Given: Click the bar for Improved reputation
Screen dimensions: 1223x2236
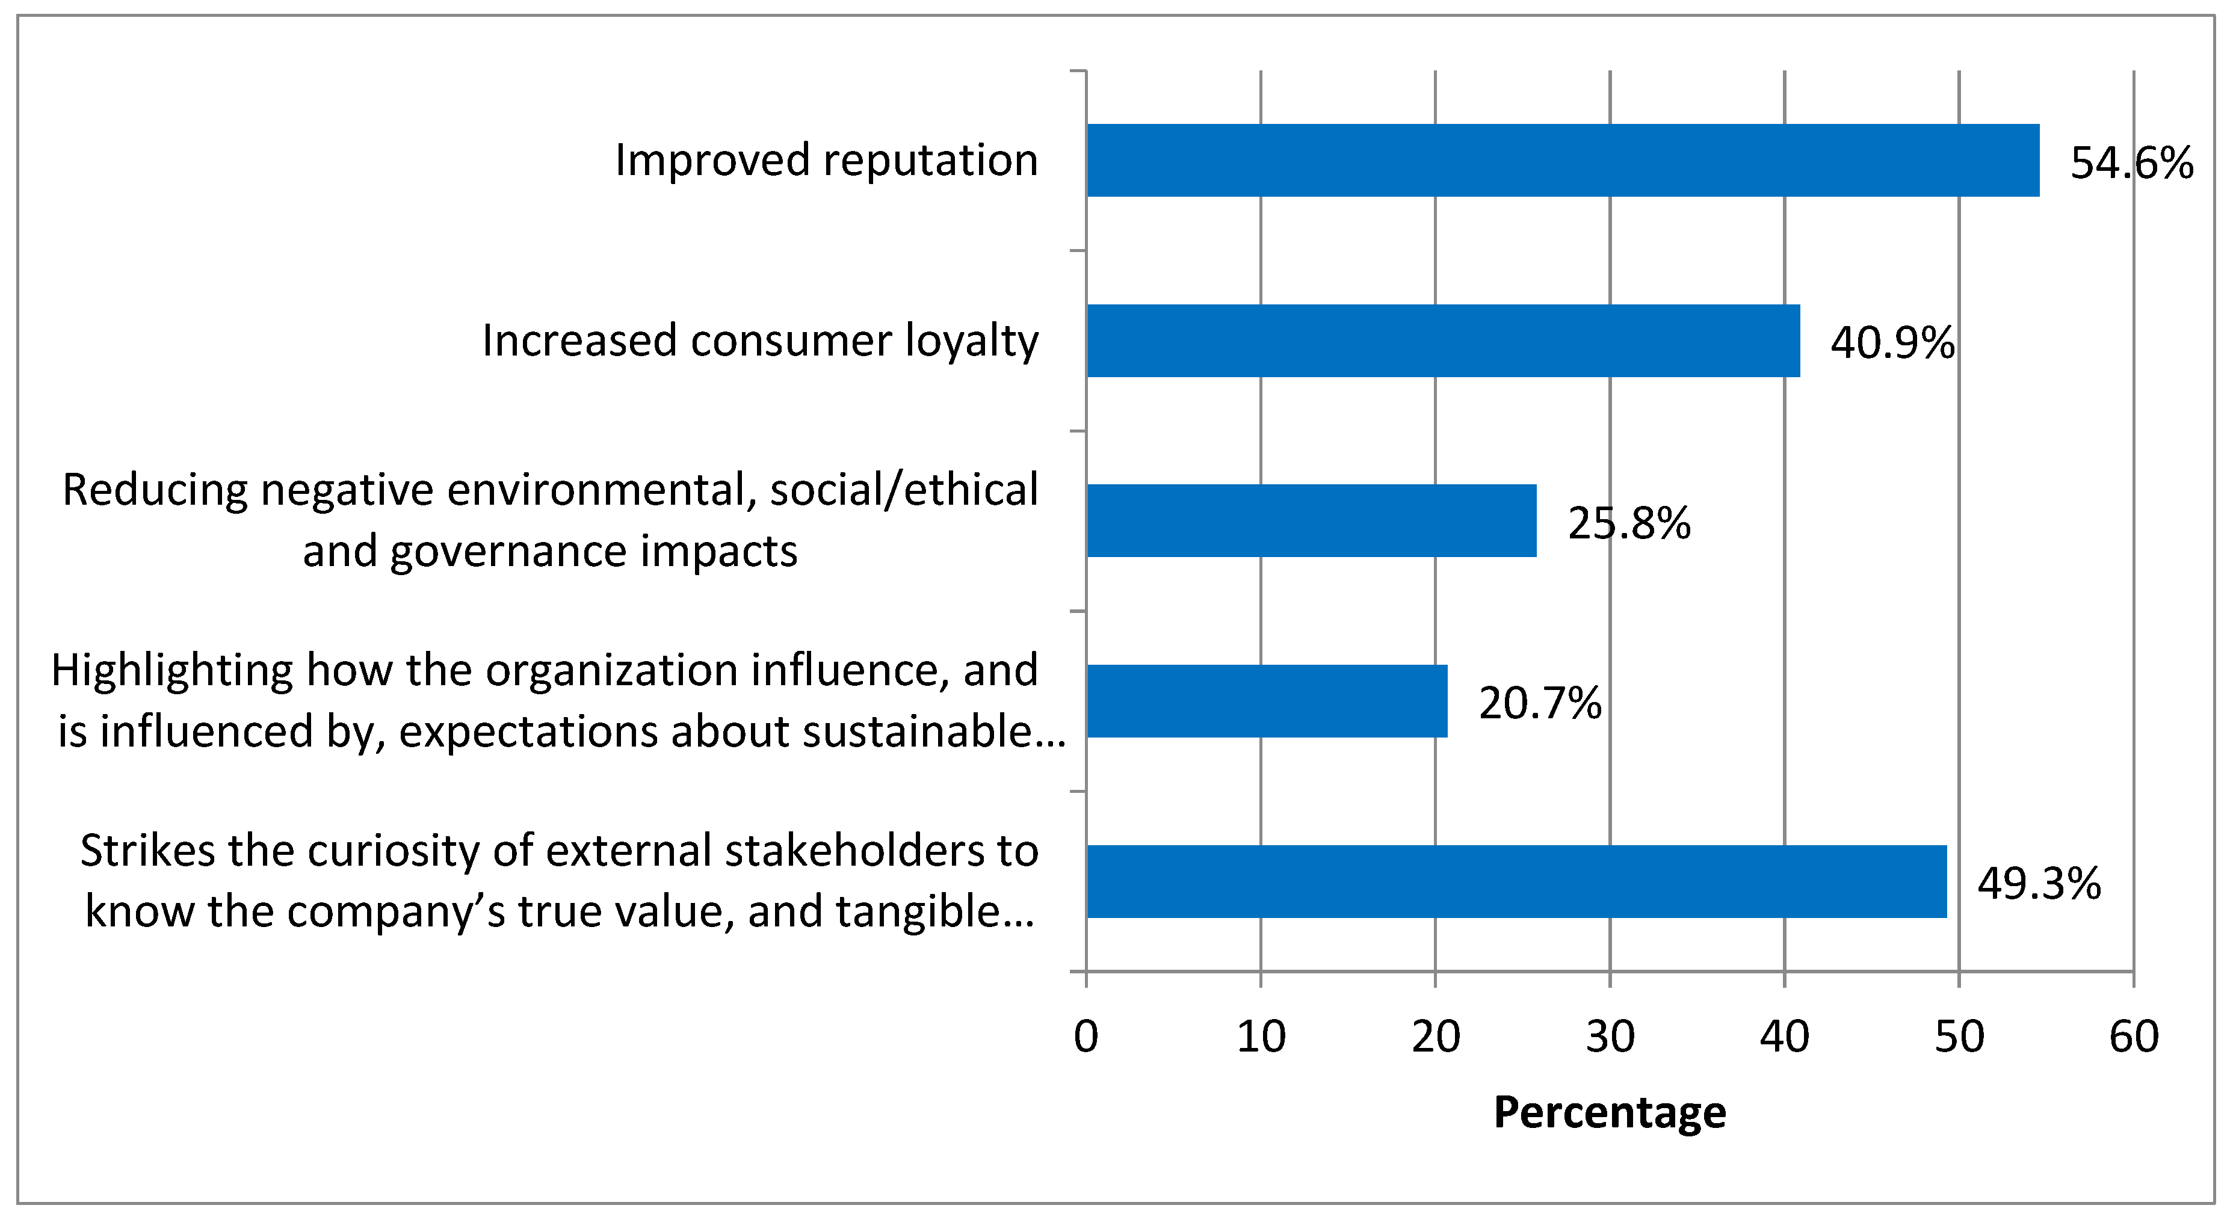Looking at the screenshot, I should (1563, 161).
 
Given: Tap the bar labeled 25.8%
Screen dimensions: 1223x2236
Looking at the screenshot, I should (1311, 521).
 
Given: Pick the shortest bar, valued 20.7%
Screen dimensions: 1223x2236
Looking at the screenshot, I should (1267, 701).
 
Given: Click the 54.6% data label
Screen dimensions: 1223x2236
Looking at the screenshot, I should (2131, 163).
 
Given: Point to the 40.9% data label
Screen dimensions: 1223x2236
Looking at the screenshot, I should (1892, 343).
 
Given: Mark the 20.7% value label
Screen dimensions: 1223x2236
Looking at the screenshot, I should (1540, 703).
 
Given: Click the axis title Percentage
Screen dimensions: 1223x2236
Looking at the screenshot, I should (1609, 1112).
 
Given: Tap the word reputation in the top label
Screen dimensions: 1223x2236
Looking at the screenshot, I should (930, 161).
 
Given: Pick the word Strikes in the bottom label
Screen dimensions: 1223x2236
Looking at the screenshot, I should (146, 851).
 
